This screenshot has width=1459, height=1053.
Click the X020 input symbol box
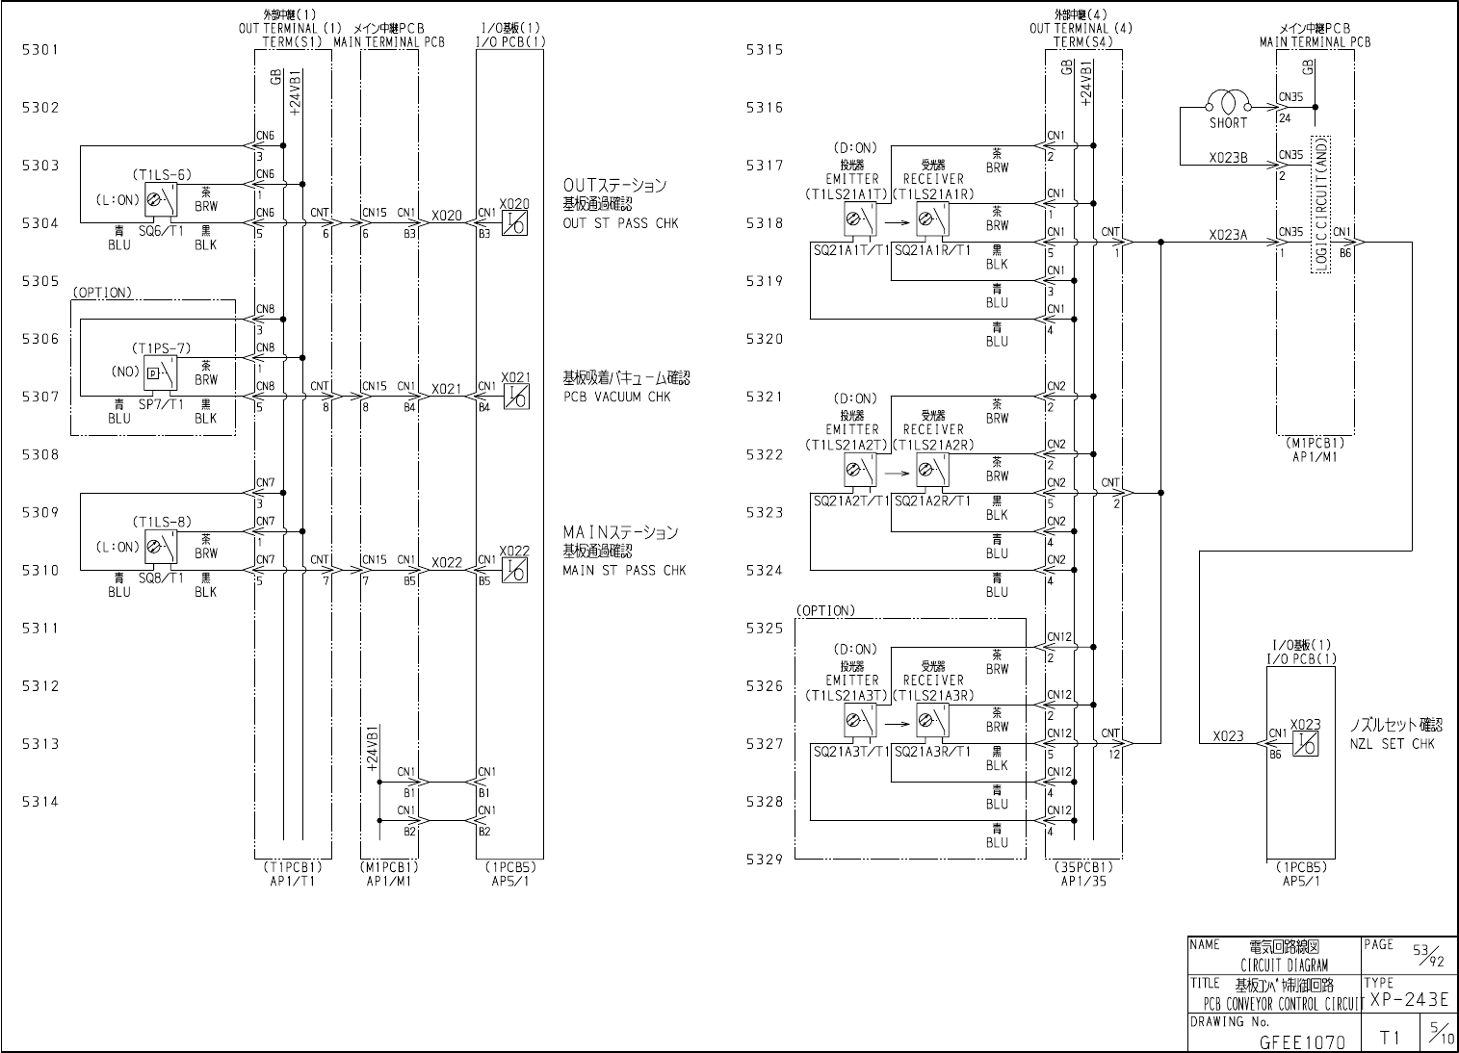pos(515,223)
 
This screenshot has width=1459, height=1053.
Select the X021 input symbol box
pos(515,397)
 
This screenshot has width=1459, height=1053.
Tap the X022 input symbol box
pos(515,570)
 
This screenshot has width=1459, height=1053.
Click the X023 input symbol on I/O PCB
pos(1305,743)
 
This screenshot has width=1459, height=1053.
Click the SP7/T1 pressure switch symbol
pos(161,372)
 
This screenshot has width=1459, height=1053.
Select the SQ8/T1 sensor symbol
pos(163,548)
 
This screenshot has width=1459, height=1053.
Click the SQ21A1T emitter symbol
pos(860,220)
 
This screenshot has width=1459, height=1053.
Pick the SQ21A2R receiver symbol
pos(931,471)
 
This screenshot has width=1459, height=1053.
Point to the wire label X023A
pos(1228,234)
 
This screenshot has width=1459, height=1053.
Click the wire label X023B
pos(1228,158)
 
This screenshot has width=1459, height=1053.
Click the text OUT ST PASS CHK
pos(620,223)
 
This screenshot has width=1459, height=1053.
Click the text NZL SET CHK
pos(1392,744)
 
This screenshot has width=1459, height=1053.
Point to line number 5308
pos(40,454)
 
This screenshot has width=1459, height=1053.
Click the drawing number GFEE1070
pos(1302,1041)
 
